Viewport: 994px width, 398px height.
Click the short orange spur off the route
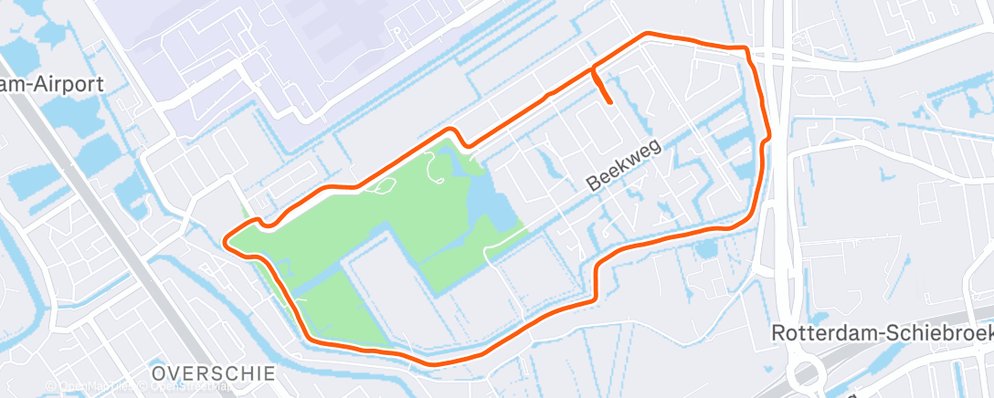point(602,88)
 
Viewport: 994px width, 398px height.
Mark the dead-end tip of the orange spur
point(609,103)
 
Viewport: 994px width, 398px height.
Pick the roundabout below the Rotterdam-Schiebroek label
point(809,373)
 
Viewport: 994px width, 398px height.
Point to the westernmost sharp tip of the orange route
point(226,242)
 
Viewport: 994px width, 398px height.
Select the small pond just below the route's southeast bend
point(704,248)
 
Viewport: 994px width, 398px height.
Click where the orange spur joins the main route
point(594,68)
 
